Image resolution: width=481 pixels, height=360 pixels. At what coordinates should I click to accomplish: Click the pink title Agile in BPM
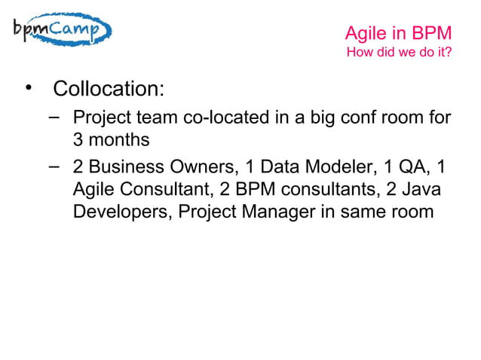tap(397, 33)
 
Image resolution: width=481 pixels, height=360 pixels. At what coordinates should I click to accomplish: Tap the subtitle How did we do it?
tap(398, 53)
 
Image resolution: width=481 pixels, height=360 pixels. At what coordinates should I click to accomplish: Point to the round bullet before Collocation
tap(29, 88)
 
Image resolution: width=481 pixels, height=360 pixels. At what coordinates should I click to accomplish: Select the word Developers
tap(121, 212)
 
